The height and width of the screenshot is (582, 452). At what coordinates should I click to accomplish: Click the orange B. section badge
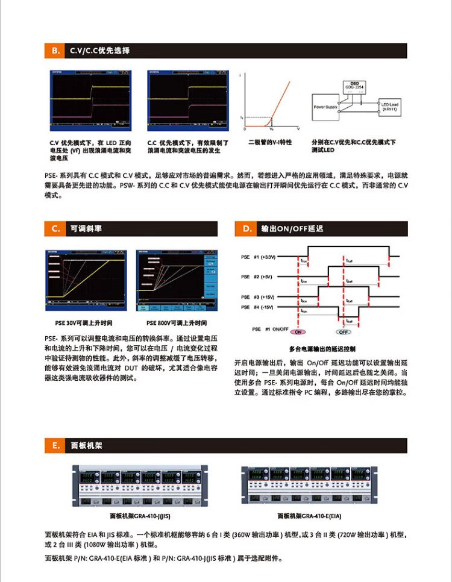[x=55, y=51]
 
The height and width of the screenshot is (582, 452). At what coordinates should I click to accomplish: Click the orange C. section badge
[x=55, y=229]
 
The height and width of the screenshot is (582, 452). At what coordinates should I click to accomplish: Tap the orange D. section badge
[x=246, y=229]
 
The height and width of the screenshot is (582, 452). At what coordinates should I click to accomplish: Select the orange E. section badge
[x=55, y=446]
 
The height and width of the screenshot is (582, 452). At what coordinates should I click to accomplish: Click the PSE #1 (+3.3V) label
[x=258, y=257]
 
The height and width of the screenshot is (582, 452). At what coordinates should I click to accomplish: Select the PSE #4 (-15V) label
[x=258, y=307]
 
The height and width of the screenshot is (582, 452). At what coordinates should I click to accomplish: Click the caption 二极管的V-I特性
[x=270, y=142]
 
